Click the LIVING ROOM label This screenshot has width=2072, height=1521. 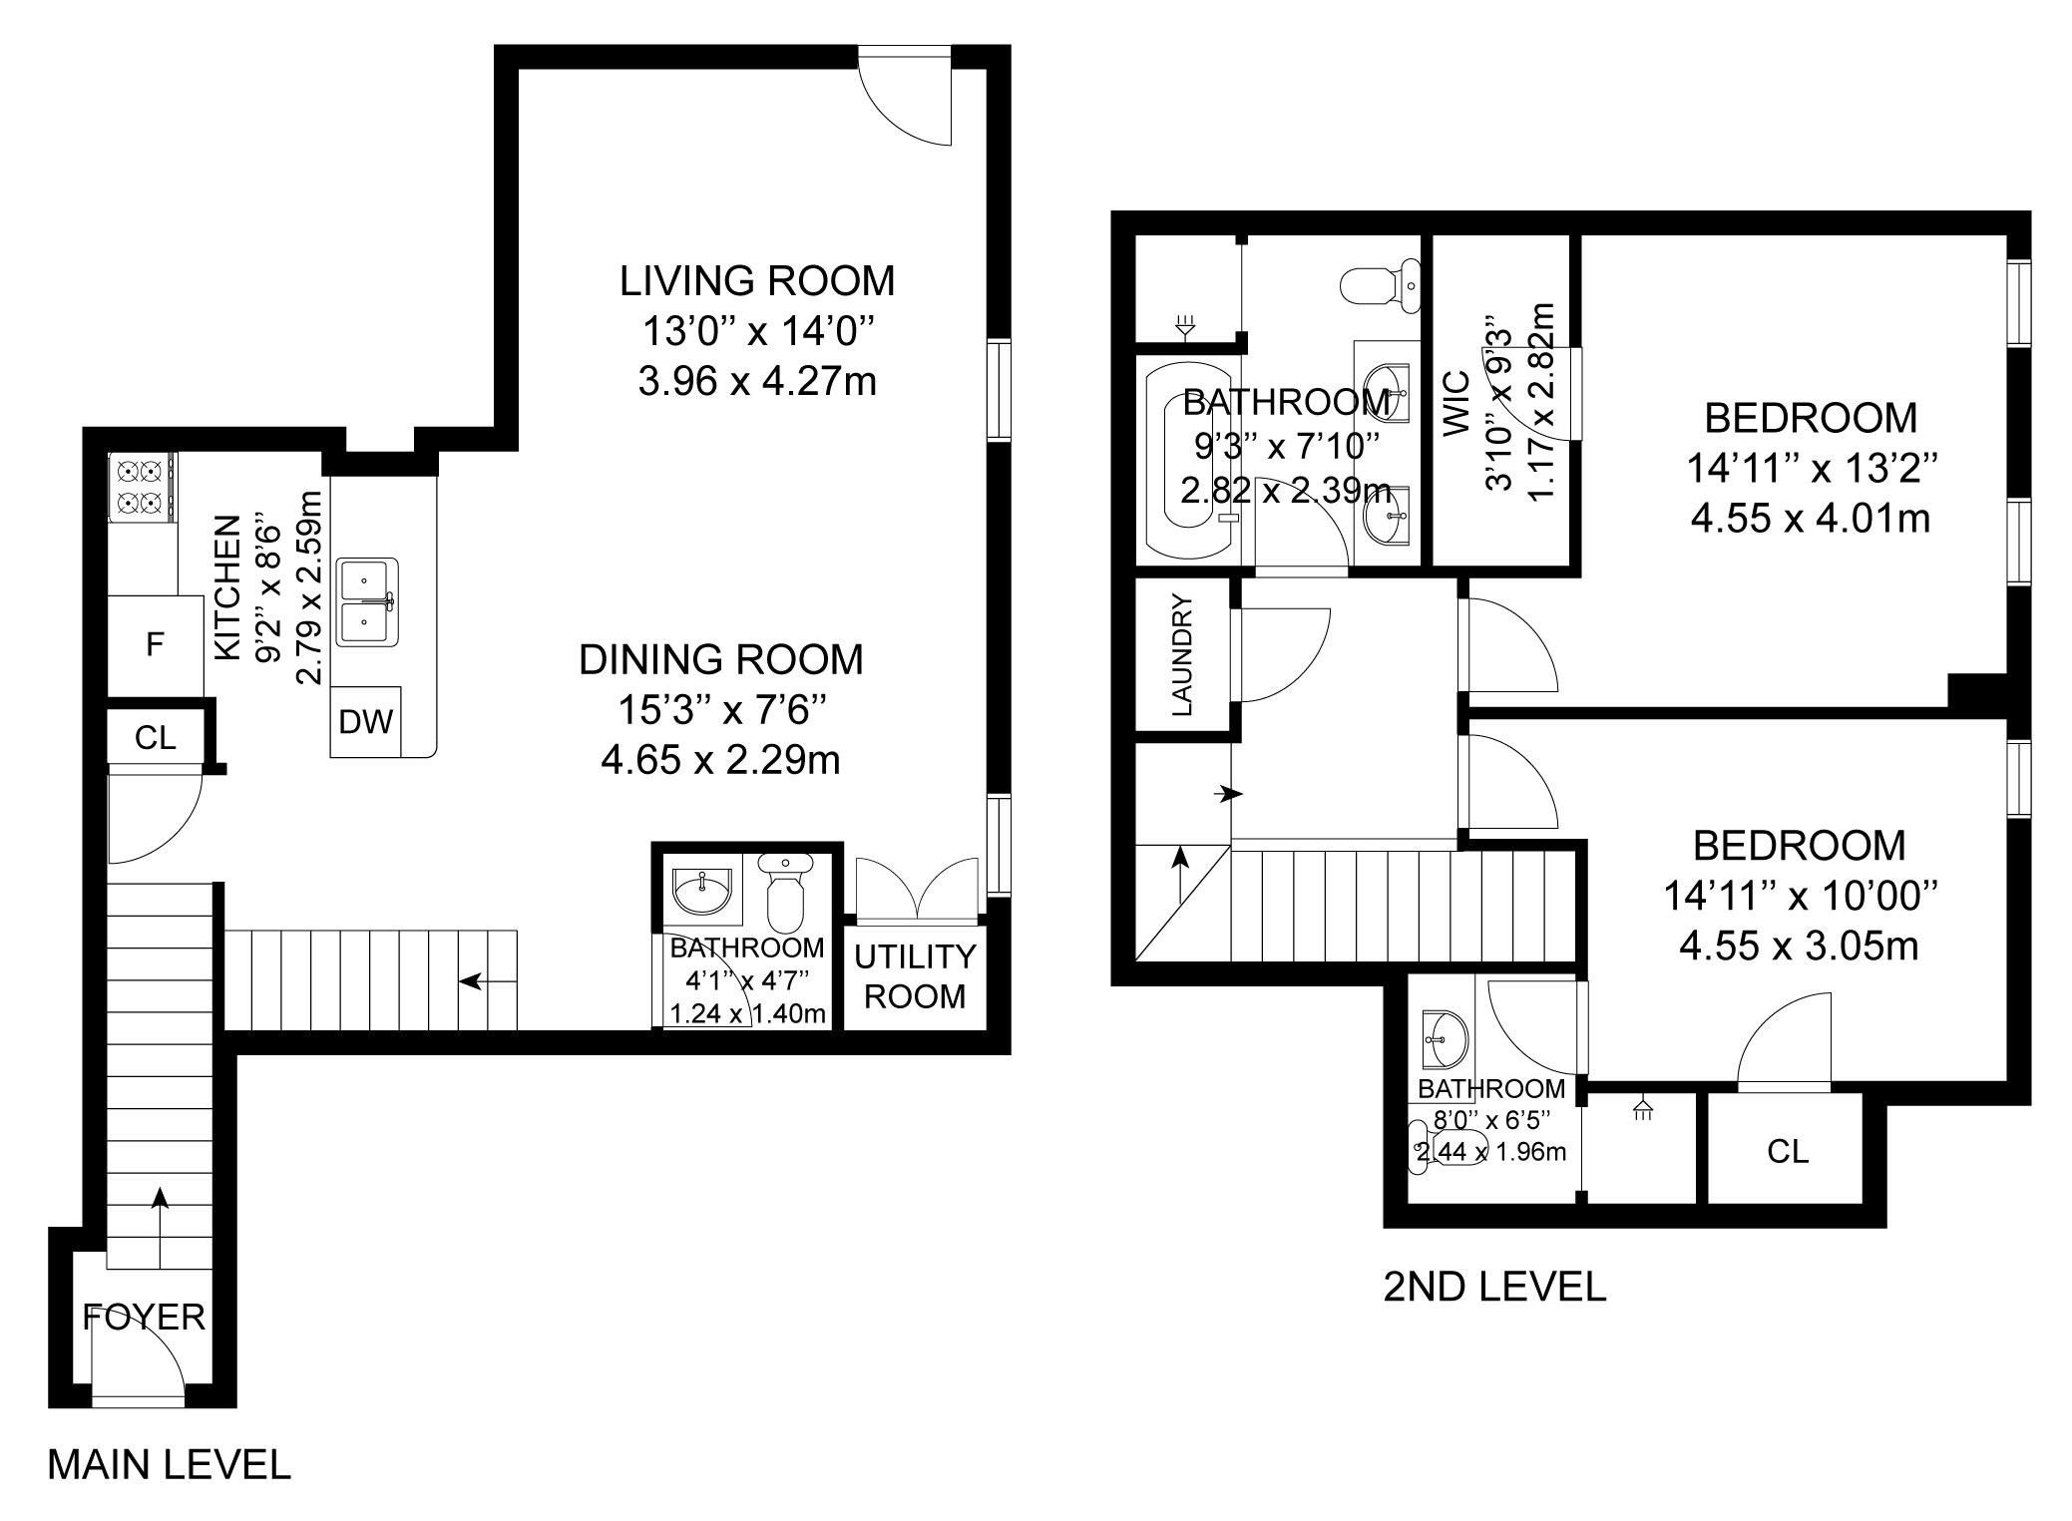(x=757, y=281)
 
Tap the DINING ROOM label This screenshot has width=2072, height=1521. (x=721, y=660)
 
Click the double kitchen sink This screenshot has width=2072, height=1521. (x=367, y=601)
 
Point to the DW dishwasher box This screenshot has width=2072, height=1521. (x=366, y=722)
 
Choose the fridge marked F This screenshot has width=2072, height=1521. (x=155, y=645)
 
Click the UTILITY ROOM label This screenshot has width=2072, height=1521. (x=915, y=976)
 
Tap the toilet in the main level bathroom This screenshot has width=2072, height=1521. (x=785, y=890)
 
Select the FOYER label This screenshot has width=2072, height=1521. (x=144, y=1318)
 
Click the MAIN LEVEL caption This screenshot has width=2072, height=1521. (x=169, y=1465)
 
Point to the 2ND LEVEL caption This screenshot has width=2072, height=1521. (x=1494, y=1288)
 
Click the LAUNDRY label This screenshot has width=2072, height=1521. (x=1182, y=655)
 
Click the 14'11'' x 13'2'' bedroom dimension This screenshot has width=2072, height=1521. (x=1811, y=468)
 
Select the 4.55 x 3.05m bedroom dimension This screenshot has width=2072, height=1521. (x=1799, y=946)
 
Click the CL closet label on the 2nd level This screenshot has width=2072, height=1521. (x=1787, y=1152)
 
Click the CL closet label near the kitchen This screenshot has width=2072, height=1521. (x=155, y=738)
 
